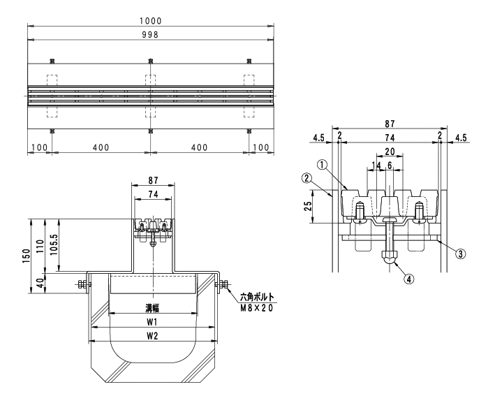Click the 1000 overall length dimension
coord(151,21)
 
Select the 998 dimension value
coord(150,34)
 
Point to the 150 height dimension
coord(27,256)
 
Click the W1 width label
coord(152,322)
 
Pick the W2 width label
coord(152,336)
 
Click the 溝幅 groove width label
coord(152,308)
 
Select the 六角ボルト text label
coord(257,297)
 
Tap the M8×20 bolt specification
coord(257,308)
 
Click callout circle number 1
coord(322,165)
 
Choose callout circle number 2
coord(306,178)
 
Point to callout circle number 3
coord(461,254)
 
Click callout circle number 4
coord(409,279)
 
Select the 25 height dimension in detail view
coord(308,206)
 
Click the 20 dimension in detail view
coord(390,152)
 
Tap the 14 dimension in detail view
coord(376,165)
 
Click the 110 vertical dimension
coord(40,247)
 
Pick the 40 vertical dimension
coord(40,284)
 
